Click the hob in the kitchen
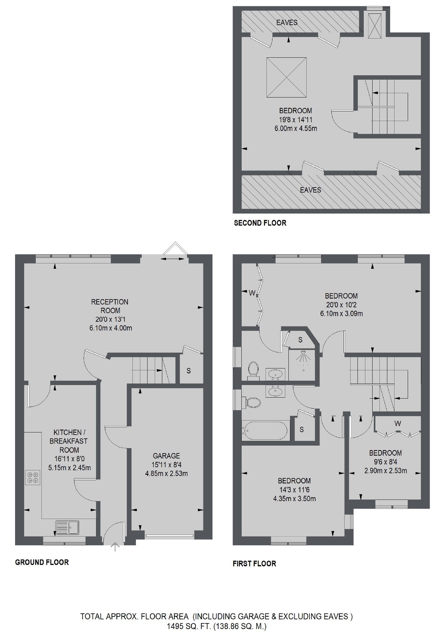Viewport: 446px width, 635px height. (33, 477)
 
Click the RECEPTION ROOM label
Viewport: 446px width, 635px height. (110, 306)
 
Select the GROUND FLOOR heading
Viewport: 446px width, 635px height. (42, 562)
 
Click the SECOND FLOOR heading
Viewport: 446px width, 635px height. (260, 223)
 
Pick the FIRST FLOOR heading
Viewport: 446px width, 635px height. (255, 564)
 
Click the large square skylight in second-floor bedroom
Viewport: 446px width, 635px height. (286, 78)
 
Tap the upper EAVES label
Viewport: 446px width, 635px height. (287, 23)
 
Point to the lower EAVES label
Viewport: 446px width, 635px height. (310, 190)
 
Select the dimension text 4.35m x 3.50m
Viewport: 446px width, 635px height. (294, 498)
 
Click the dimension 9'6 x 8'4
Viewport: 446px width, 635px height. (385, 462)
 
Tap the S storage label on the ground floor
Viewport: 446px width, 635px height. (189, 371)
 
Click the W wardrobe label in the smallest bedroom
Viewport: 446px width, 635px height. (398, 424)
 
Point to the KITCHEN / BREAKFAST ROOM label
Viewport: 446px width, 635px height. (69, 441)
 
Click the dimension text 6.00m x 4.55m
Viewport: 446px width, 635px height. (296, 128)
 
